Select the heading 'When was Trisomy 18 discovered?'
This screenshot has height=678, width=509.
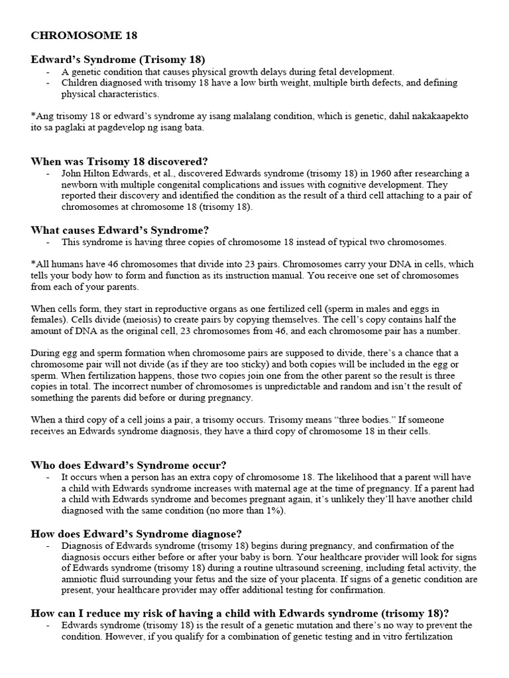pyautogui.click(x=119, y=161)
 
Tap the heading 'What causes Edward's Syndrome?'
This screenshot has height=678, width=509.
pyautogui.click(x=120, y=230)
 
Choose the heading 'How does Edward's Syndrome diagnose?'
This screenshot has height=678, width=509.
pyautogui.click(x=136, y=534)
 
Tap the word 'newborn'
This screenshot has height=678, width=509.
pyautogui.click(x=81, y=184)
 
